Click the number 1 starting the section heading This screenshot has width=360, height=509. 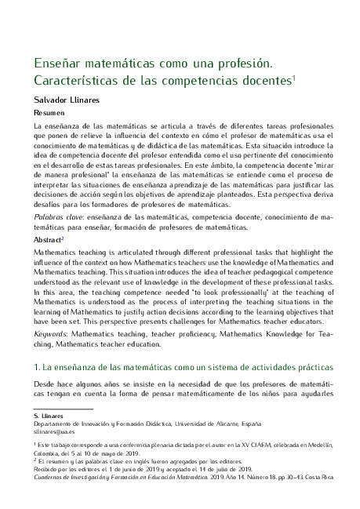(x=35, y=367)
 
